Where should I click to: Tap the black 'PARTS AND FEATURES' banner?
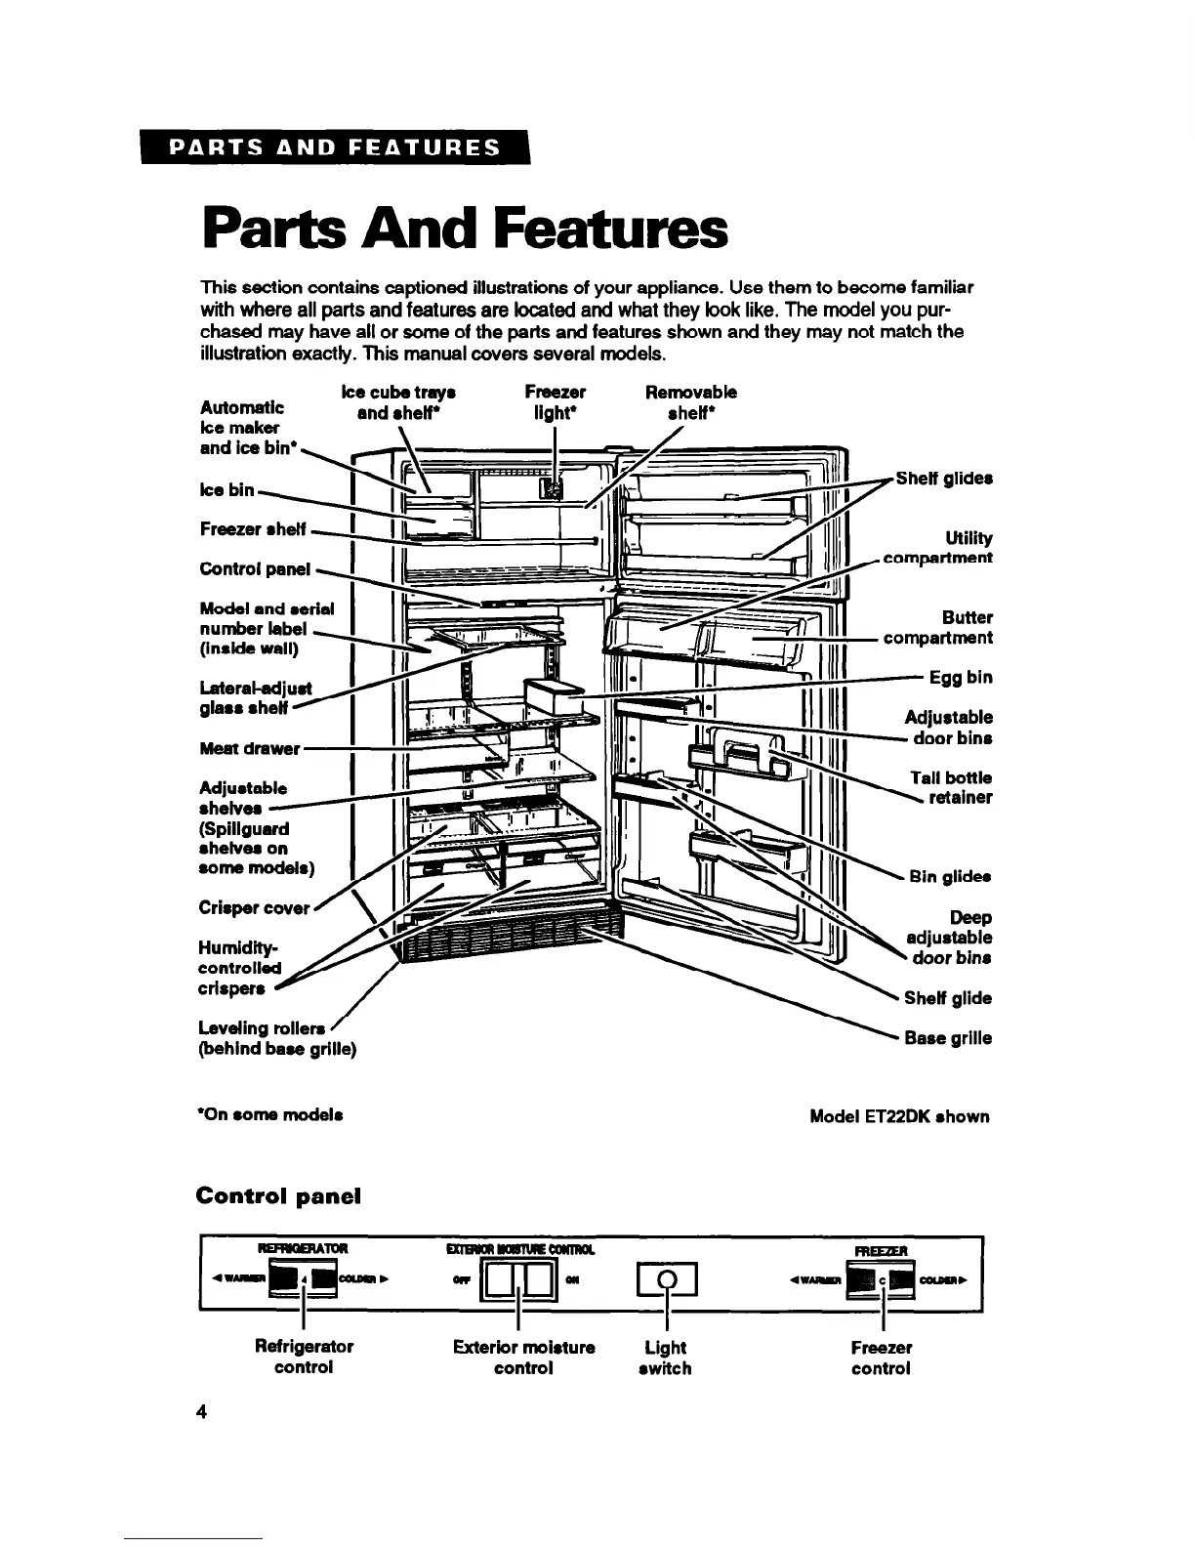point(334,148)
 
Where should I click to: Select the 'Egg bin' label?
point(961,677)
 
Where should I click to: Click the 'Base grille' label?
point(947,1038)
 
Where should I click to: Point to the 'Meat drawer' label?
point(249,748)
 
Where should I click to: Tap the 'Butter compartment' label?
point(938,628)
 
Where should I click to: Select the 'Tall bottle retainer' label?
point(951,787)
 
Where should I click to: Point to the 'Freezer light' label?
point(555,401)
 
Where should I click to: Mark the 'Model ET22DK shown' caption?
point(899,1116)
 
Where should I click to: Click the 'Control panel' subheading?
point(278,1195)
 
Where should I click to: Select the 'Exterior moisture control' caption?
point(524,1358)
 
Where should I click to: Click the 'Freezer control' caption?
point(881,1358)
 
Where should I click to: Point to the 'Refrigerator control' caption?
point(304,1358)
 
